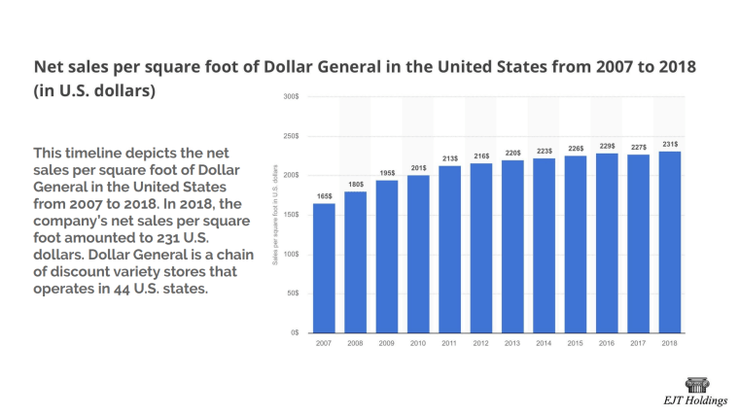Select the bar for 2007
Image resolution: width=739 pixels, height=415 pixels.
point(324,267)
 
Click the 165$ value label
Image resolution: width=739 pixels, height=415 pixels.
point(324,196)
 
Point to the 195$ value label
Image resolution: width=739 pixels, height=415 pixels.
point(387,173)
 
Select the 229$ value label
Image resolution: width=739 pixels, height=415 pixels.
point(607,146)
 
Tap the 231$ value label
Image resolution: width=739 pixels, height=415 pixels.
point(670,144)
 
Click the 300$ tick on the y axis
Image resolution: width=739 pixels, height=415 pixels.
point(291,96)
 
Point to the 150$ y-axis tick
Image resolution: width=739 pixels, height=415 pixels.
point(291,215)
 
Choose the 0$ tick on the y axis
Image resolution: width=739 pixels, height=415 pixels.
point(294,332)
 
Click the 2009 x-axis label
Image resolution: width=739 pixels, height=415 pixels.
point(387,343)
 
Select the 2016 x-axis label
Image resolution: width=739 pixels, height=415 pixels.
point(607,343)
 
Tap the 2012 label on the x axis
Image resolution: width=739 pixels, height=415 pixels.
point(481,343)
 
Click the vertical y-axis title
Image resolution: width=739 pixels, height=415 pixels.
point(276,214)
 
